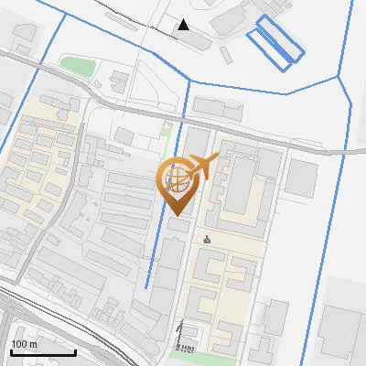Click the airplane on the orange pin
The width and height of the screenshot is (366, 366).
[x=203, y=167]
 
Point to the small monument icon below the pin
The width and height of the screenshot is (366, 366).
[x=207, y=241]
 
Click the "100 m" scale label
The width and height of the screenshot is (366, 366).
[x=24, y=344]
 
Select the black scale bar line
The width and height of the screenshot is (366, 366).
[x=43, y=352]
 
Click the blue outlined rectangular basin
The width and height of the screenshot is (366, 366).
[x=275, y=41]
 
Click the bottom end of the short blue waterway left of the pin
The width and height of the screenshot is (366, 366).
[x=146, y=287]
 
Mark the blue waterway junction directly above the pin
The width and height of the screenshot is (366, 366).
[x=188, y=81]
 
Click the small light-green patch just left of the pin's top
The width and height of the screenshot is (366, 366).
[x=165, y=131]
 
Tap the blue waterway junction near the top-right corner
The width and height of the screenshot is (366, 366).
[x=339, y=78]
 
